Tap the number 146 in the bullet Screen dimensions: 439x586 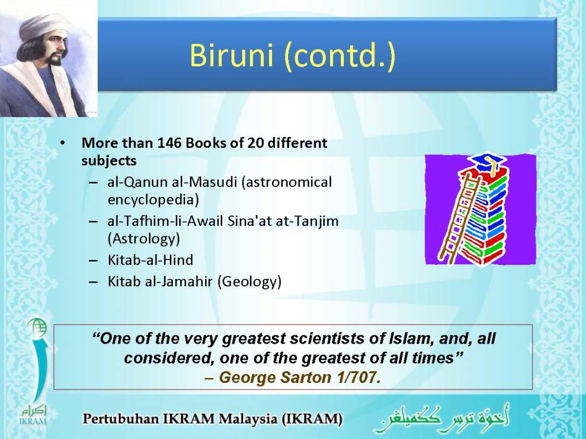tap(170, 143)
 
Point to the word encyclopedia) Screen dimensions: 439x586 tap(153, 200)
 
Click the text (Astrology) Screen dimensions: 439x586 tap(144, 238)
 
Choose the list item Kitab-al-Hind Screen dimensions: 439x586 tap(150, 260)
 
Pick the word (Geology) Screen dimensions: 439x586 tap(249, 282)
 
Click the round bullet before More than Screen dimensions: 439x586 tap(64, 144)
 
